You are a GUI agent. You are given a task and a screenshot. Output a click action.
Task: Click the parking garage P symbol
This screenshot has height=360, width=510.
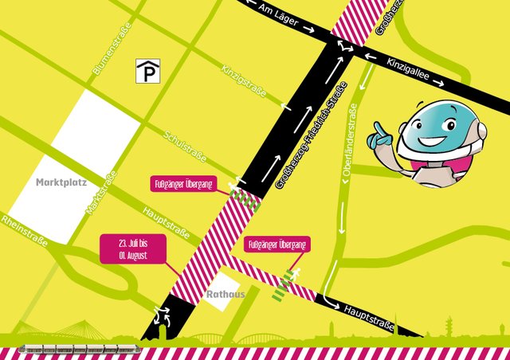click(147, 72)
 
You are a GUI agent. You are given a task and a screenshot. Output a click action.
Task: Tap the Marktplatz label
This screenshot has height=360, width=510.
click(60, 182)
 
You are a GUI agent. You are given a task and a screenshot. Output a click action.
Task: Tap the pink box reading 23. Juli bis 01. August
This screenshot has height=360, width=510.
click(134, 249)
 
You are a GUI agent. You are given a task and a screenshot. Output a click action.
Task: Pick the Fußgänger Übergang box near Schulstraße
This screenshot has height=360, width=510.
click(183, 185)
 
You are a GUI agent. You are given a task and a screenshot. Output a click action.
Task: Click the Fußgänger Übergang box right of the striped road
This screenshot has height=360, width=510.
click(277, 245)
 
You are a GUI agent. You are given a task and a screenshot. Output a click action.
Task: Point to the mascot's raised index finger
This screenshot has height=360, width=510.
click(378, 127)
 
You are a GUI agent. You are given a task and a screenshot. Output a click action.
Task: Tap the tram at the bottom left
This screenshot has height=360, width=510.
click(80, 349)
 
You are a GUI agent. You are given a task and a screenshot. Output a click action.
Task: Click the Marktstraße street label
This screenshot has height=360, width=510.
click(101, 192)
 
